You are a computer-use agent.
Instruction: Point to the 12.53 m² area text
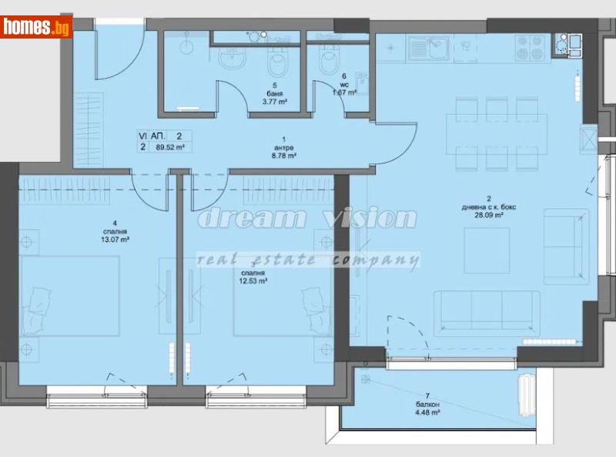pyautogui.click(x=253, y=281)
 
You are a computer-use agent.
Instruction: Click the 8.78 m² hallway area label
pyautogui.click(x=285, y=155)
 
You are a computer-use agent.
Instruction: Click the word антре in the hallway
pyautogui.click(x=285, y=147)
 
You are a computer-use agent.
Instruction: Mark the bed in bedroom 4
pyautogui.click(x=69, y=297)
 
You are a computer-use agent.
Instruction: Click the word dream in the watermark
pyautogui.click(x=243, y=218)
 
